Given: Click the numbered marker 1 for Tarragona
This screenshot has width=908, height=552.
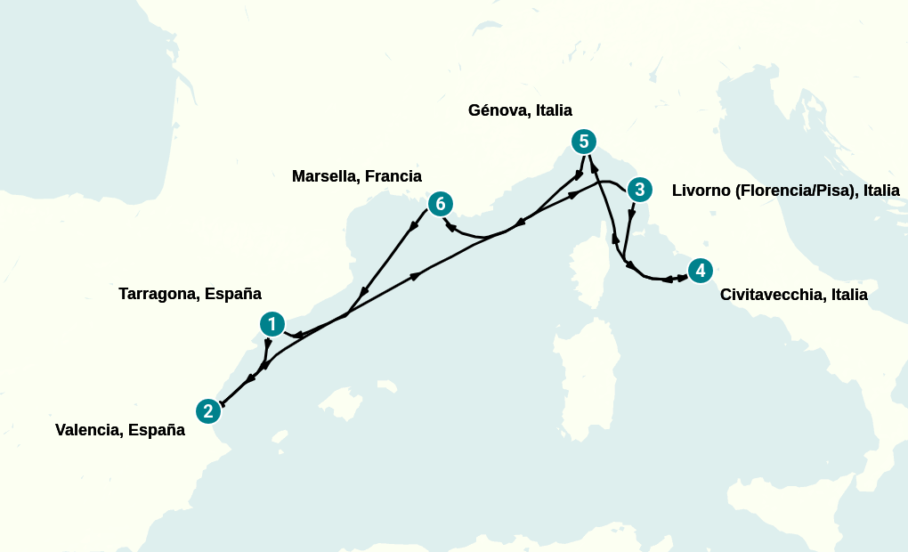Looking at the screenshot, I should pos(272,325).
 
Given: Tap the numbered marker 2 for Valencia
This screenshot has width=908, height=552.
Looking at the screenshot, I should pos(208,410).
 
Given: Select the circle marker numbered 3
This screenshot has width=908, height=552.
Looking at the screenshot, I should pos(638,190).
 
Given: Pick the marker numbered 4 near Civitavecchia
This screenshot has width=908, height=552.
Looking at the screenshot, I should pos(701,271).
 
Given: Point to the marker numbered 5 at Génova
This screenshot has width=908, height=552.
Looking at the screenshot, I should pos(583,141).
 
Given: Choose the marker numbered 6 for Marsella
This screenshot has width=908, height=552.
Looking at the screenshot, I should pos(440,204).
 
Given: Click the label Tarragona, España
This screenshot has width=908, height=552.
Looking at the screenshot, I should pos(190,294).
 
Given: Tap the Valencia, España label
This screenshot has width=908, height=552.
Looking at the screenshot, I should pos(120,431).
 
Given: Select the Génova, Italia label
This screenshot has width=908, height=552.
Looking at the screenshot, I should pos(520,110).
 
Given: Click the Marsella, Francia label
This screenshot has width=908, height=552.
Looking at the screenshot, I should pos(357,176).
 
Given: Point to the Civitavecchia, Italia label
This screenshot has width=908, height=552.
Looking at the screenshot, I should pos(793,295).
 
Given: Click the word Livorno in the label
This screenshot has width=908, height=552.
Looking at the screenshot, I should pos(701,191).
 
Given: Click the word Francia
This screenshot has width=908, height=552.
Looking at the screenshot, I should pos(393,176).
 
